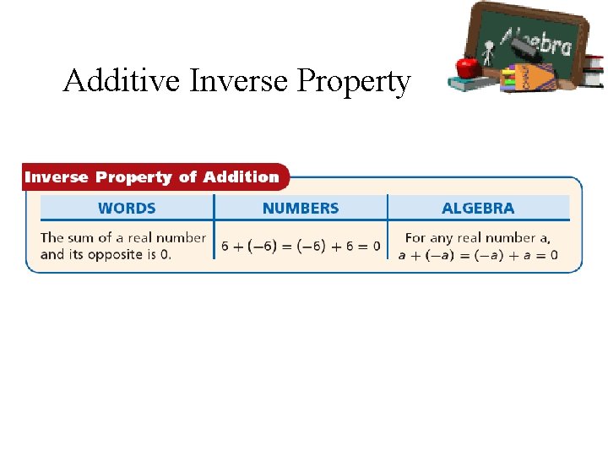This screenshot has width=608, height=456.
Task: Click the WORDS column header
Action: [127, 208]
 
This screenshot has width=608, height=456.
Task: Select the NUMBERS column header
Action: [301, 208]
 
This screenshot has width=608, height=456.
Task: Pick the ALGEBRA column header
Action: [478, 208]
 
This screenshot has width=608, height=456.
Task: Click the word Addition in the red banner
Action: [240, 177]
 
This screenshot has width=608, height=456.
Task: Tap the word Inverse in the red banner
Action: [57, 177]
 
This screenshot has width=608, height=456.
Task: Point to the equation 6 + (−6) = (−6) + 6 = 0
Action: [301, 247]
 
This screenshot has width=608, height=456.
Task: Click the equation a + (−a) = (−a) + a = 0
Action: [478, 254]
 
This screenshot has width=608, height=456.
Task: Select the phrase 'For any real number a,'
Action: [478, 238]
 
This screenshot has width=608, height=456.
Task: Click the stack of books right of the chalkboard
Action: [594, 71]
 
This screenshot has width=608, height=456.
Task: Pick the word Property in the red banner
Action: [135, 177]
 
